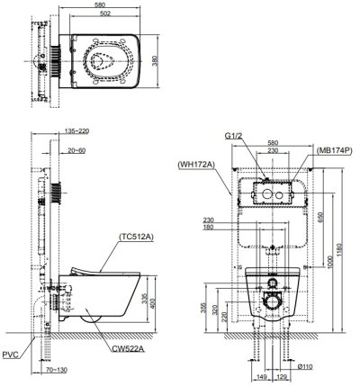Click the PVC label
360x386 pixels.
tap(11, 356)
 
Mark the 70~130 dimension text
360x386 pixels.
tap(56, 369)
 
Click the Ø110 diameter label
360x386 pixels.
tap(305, 368)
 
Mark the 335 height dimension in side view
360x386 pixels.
tap(156, 302)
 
